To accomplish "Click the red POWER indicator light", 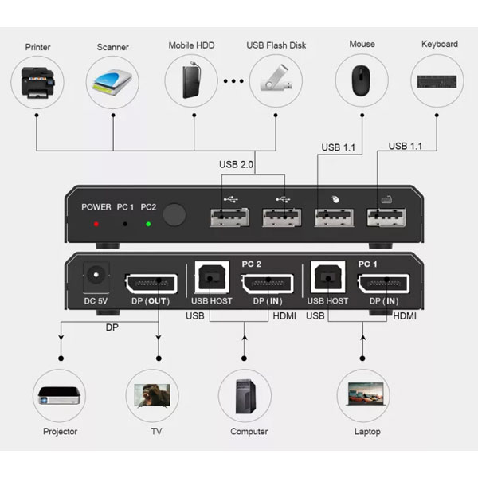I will point(96,224).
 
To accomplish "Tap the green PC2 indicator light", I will point(148,224).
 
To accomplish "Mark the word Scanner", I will point(113,47).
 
